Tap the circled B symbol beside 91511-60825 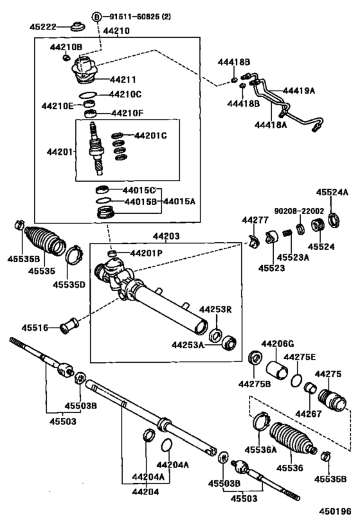tap(96, 16)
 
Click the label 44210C tap(125, 94)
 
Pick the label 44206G tap(276, 344)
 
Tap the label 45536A tap(261, 450)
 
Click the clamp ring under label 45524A tap(335, 222)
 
